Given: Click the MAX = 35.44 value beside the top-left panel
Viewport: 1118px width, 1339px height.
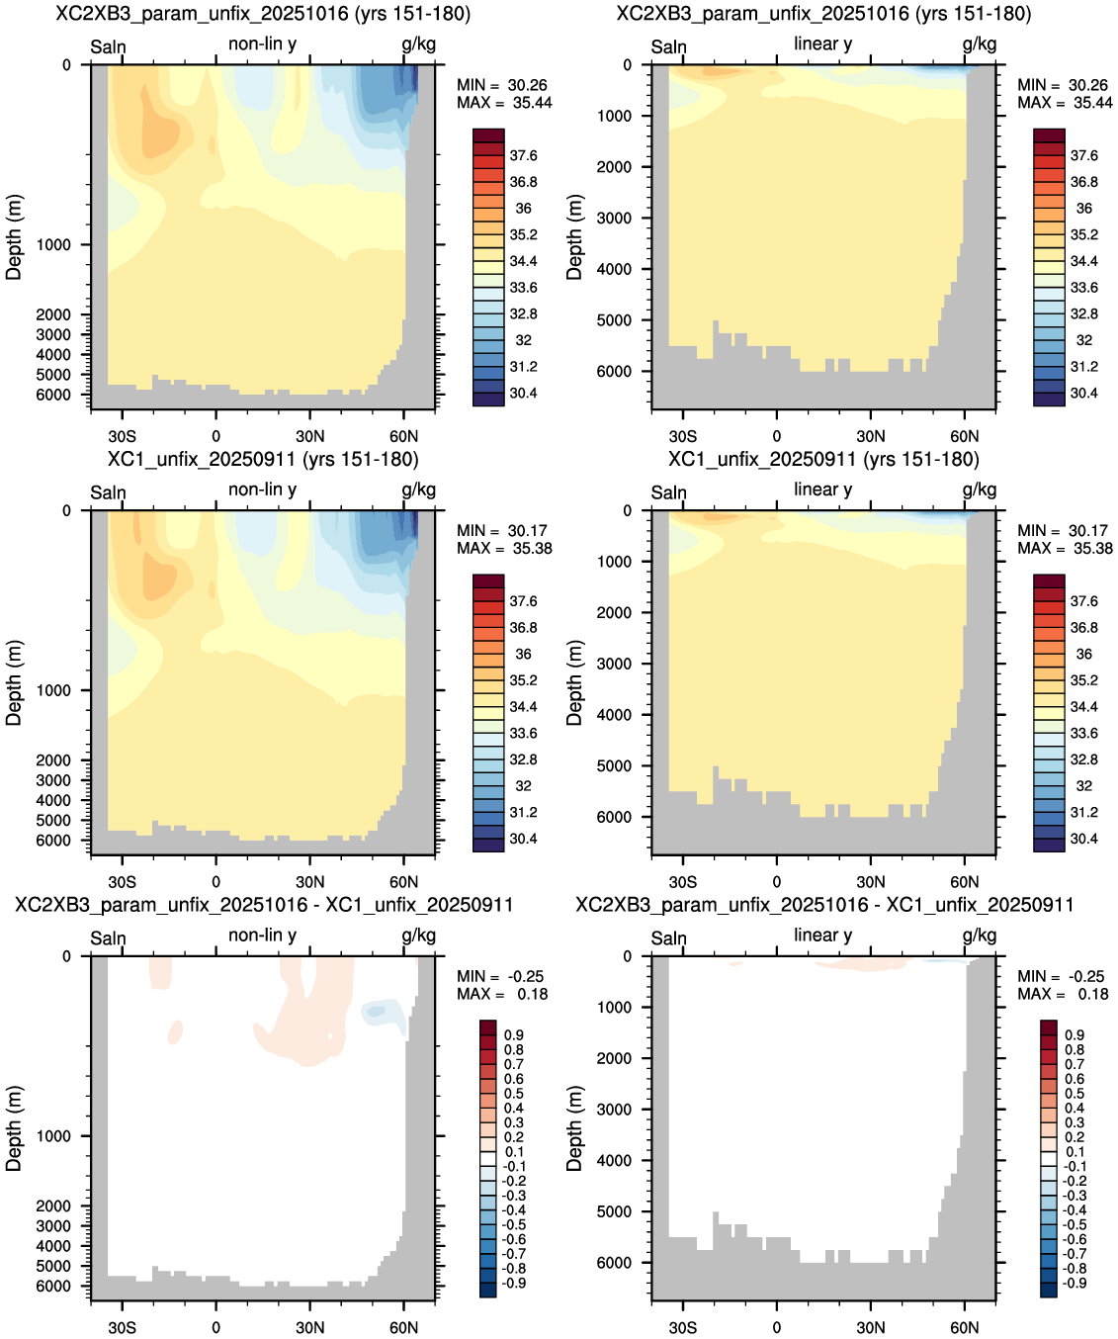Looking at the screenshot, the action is coord(504,103).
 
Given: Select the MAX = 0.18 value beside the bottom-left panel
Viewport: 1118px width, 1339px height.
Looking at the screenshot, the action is coord(502,994).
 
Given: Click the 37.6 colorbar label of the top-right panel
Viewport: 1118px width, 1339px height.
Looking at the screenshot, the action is coord(1084,155).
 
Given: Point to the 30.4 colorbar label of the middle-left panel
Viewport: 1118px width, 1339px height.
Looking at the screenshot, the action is coord(523,839).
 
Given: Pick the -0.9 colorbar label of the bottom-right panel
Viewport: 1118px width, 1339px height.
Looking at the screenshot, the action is coord(1075,1283).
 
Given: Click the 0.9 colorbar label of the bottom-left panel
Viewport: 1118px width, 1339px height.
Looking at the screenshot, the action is coord(513,1034).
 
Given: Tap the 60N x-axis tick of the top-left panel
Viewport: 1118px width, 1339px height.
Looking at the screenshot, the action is coord(403,436).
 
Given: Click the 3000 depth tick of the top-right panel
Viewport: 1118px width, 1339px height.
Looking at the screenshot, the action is coord(614,218).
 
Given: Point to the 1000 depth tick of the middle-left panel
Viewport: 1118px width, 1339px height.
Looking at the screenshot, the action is coord(53,690).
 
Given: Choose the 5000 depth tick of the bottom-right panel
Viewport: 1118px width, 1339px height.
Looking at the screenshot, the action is coord(614,1211).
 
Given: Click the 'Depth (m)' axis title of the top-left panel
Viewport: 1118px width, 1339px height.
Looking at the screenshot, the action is coord(14,237).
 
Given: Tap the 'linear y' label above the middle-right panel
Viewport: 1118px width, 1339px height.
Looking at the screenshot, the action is coord(823,490).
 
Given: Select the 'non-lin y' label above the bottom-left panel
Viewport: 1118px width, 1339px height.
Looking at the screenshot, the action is coord(262,935).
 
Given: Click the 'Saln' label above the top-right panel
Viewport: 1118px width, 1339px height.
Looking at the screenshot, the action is coord(668,46).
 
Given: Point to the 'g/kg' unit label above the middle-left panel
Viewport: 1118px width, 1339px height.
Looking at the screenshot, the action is coord(418,491).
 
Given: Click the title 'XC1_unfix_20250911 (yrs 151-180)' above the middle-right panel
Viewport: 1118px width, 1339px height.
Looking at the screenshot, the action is coord(823,459).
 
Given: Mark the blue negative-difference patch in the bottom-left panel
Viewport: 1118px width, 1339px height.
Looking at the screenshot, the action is coord(383,1014).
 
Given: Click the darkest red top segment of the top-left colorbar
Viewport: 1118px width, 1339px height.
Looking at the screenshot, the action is coord(488,134).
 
